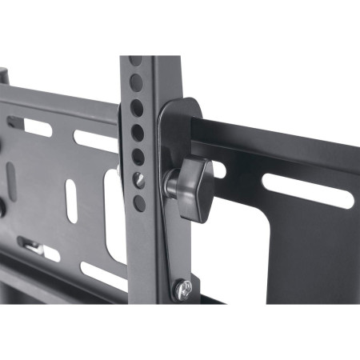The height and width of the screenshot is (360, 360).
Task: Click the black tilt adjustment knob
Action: [x=194, y=186]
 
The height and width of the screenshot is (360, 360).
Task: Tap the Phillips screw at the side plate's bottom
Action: [x=183, y=287]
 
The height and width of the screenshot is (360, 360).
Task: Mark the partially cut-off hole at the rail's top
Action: [x=134, y=61]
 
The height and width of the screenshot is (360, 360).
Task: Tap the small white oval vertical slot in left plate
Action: [x=71, y=200]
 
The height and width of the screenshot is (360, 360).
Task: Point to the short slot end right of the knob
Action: [x=219, y=169]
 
